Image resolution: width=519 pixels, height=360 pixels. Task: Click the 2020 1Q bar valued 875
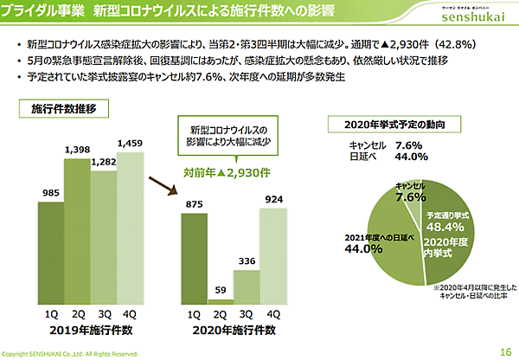pos(195,257)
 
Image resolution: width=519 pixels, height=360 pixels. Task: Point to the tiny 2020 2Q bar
pos(221,299)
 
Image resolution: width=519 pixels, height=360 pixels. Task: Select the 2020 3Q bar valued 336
pos(247,285)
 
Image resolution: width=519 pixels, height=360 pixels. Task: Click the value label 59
pos(221,289)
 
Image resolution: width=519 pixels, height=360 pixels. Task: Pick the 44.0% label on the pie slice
pos(364,248)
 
